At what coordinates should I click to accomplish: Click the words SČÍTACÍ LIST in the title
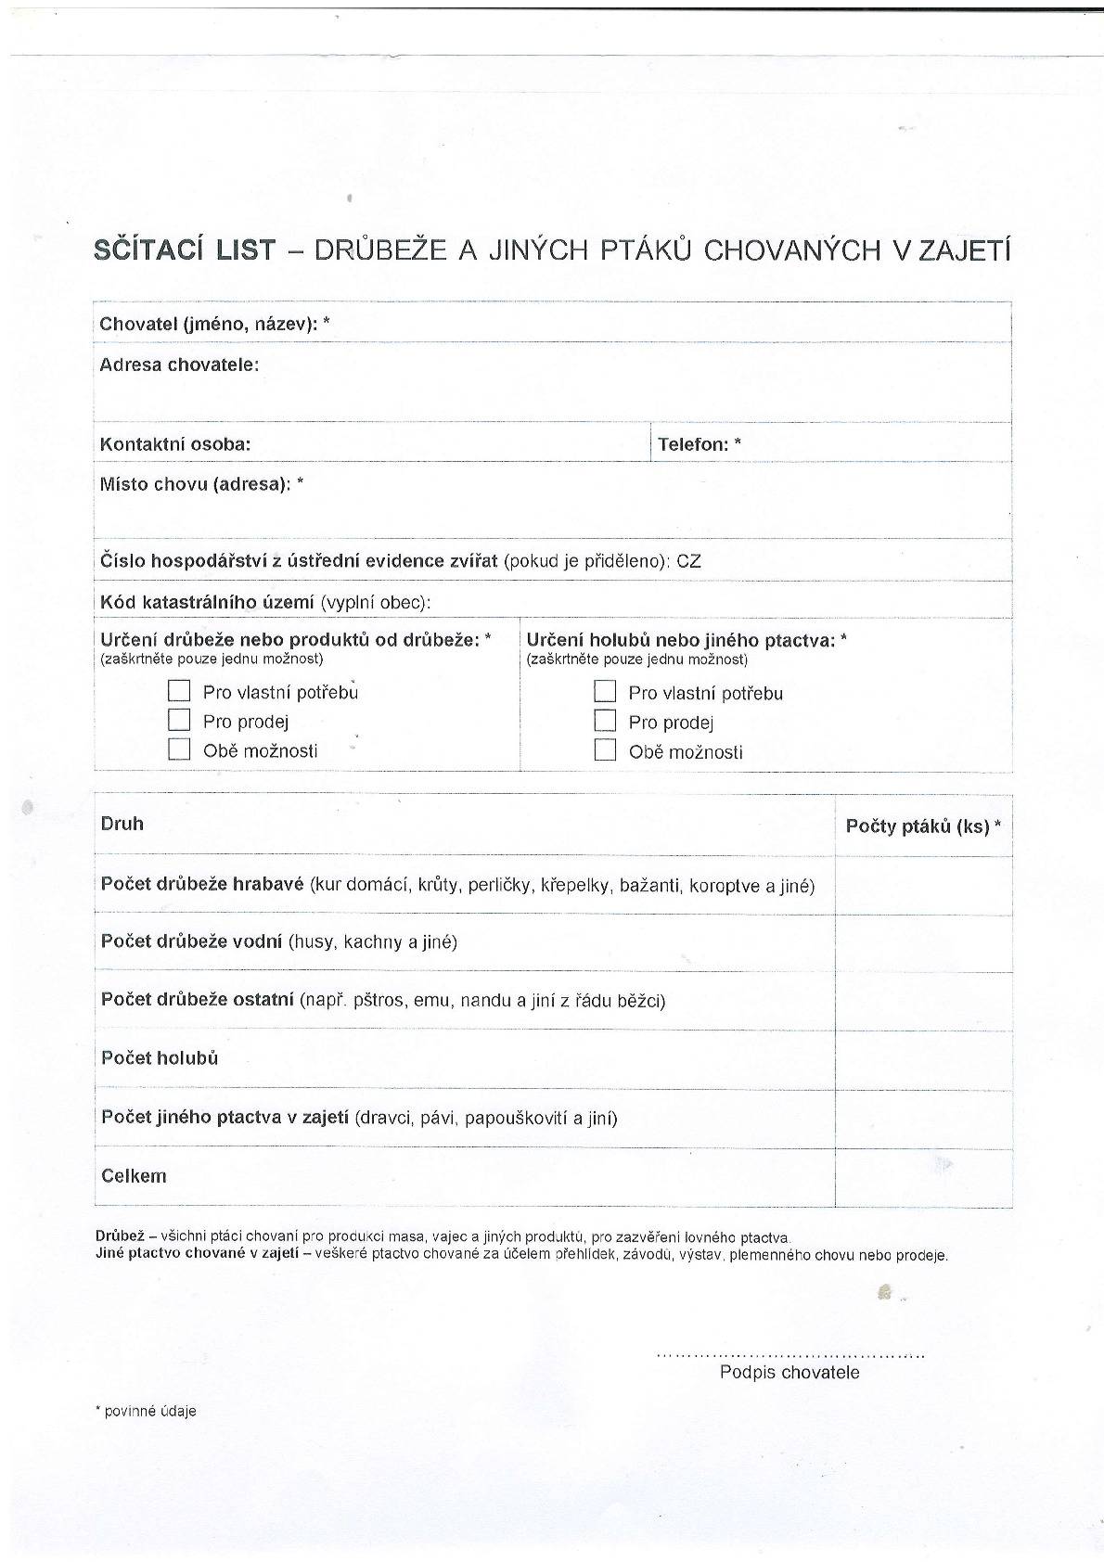[185, 250]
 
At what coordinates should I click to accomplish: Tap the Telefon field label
[699, 444]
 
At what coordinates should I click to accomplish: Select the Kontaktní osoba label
[175, 444]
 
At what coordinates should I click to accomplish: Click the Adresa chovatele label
[179, 365]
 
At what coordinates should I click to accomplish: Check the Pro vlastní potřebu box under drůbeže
[179, 691]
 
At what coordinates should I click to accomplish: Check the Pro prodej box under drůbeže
[179, 720]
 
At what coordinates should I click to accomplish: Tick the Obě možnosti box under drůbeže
[179, 749]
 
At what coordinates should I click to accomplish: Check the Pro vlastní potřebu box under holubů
[605, 692]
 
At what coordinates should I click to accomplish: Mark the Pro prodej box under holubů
[605, 721]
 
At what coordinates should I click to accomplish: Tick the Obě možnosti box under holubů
[605, 750]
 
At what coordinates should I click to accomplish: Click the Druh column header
[122, 824]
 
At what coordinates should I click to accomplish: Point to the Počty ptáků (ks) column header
[923, 826]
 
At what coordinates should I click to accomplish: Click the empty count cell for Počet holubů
[923, 1059]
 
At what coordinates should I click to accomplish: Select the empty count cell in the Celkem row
[923, 1177]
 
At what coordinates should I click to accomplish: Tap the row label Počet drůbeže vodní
[191, 941]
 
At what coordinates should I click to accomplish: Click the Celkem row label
[134, 1176]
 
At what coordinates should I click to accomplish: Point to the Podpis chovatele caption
[789, 1373]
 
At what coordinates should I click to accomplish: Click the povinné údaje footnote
[147, 1411]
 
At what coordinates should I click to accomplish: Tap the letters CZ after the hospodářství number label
[689, 561]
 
